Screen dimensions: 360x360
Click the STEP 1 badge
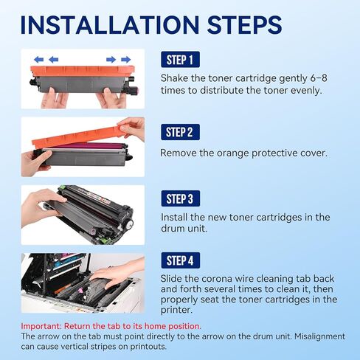click(x=181, y=60)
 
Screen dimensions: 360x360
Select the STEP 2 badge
click(x=181, y=132)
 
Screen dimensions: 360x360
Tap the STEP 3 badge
click(x=181, y=198)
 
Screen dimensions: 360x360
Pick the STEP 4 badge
click(x=181, y=260)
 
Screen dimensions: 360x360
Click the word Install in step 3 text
click(x=176, y=218)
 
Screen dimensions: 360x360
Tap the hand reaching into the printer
click(x=114, y=274)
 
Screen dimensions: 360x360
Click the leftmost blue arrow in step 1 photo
click(x=35, y=60)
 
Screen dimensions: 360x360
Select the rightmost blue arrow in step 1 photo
click(x=126, y=60)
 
